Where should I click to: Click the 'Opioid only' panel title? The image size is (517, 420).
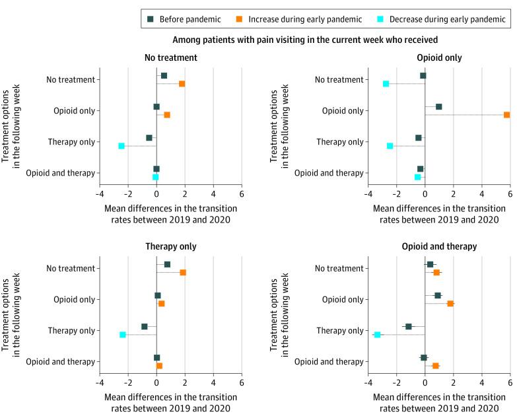click(x=439, y=57)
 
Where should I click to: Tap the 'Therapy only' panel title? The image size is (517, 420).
click(x=170, y=246)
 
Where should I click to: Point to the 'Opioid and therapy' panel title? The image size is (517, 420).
click(x=439, y=246)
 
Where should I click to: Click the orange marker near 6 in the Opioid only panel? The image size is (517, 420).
click(x=506, y=115)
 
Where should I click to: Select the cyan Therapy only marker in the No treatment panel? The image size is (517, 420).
click(x=121, y=146)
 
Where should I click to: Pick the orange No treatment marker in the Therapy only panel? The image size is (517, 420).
click(x=183, y=273)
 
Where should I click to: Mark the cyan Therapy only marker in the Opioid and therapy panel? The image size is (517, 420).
click(x=377, y=335)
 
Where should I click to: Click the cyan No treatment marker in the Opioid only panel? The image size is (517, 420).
click(x=386, y=84)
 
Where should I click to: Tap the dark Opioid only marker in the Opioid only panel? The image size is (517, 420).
click(x=439, y=106)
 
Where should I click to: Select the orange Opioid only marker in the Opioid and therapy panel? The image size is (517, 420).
click(x=450, y=304)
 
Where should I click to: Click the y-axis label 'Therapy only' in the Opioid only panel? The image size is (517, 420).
click(x=341, y=142)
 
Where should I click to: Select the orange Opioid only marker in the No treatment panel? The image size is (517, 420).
click(x=167, y=115)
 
